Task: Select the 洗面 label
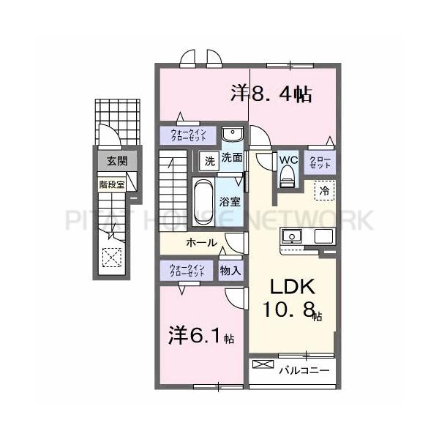pos(232,157)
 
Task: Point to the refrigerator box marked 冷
pos(323,189)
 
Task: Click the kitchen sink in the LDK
pos(292,236)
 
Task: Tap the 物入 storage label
pos(230,270)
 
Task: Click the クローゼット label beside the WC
pos(320,162)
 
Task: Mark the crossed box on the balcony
pos(260,364)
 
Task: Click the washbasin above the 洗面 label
pos(233,137)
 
